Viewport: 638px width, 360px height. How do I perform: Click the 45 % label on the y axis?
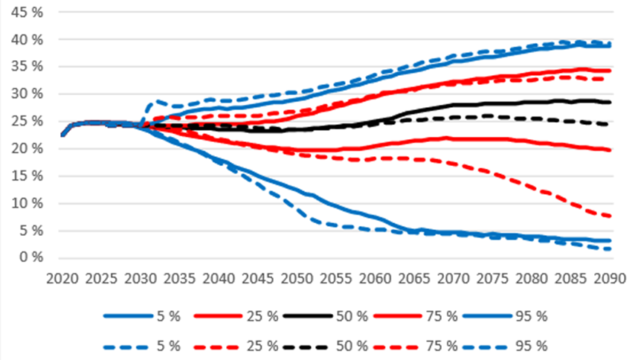[26, 12]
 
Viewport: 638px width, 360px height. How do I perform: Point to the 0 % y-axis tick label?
[29, 258]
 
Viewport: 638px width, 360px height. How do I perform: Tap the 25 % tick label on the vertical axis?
[26, 121]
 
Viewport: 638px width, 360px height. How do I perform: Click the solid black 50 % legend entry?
[332, 316]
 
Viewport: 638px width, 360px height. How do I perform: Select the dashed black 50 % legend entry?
[332, 345]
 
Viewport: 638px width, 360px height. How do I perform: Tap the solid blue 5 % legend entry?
[142, 316]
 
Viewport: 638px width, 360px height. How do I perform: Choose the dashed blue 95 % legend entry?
[513, 345]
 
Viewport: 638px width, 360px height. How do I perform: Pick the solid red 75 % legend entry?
[423, 316]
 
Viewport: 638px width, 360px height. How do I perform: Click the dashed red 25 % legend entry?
[237, 345]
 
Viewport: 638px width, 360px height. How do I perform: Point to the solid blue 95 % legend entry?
[513, 316]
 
